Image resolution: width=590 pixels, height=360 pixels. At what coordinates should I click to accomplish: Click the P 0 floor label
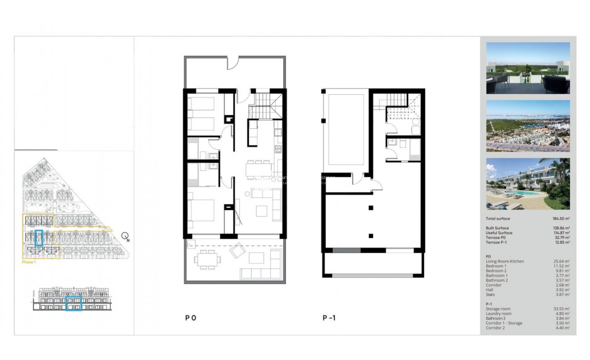pyautogui.click(x=191, y=318)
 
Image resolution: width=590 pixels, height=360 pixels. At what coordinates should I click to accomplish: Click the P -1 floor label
pyautogui.click(x=329, y=318)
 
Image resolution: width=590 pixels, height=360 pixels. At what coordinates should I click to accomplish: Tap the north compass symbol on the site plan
pyautogui.click(x=127, y=236)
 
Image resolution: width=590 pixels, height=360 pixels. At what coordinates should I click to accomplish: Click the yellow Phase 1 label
pyautogui.click(x=29, y=262)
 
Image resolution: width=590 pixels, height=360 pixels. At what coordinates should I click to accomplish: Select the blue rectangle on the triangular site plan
pyautogui.click(x=39, y=237)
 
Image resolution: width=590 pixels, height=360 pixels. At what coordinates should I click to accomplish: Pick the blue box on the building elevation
pyautogui.click(x=74, y=303)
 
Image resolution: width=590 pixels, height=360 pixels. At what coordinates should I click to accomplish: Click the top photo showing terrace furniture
pyautogui.click(x=528, y=68)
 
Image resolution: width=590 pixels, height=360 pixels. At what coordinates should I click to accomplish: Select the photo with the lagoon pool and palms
pyautogui.click(x=528, y=184)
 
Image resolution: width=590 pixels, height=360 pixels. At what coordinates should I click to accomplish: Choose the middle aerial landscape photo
pyautogui.click(x=528, y=126)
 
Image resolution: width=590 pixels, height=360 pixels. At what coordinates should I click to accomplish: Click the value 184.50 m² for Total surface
pyautogui.click(x=561, y=219)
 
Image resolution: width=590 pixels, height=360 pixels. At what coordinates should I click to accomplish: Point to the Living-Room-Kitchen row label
pyautogui.click(x=505, y=261)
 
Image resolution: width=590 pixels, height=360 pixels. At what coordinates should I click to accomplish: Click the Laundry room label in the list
pyautogui.click(x=498, y=314)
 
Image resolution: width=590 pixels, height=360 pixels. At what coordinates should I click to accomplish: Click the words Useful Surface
pyautogui.click(x=499, y=233)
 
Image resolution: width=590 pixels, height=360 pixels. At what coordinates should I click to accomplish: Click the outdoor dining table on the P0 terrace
pyautogui.click(x=208, y=259)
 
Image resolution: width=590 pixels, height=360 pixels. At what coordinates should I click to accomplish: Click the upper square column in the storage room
pyautogui.click(x=371, y=207)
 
